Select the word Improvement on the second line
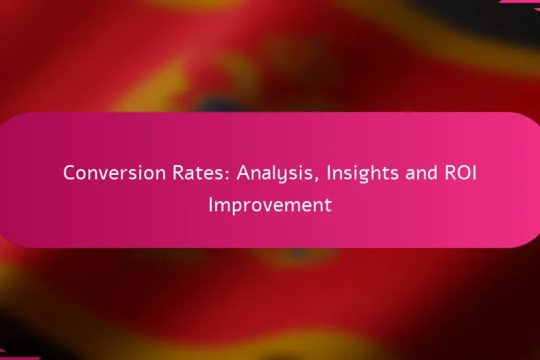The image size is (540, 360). point(270,205)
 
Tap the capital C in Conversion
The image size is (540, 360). point(70,173)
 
